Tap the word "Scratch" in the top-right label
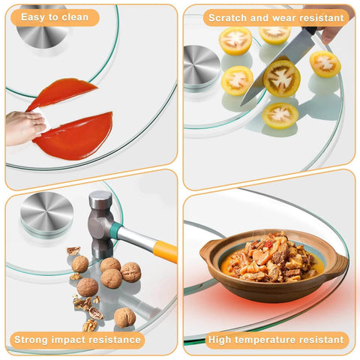tap(228, 18)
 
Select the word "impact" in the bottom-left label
tap(68, 340)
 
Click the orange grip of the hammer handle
tap(166, 251)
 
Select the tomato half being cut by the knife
tap(281, 79)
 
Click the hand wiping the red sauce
tap(25, 127)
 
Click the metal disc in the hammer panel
tap(46, 212)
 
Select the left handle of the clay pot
tap(208, 250)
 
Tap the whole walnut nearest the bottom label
tap(124, 317)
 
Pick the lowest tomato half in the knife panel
tap(280, 115)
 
